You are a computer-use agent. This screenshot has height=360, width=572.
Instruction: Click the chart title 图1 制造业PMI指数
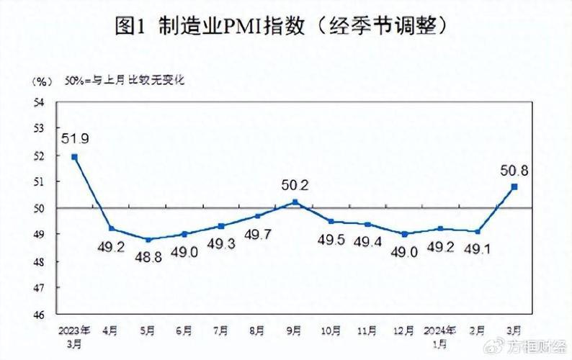click(x=285, y=27)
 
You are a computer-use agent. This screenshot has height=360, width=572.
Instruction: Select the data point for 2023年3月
click(x=74, y=156)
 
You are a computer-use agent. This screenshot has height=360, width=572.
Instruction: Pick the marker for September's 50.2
click(x=295, y=202)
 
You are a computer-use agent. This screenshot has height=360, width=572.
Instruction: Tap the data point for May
click(x=148, y=240)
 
